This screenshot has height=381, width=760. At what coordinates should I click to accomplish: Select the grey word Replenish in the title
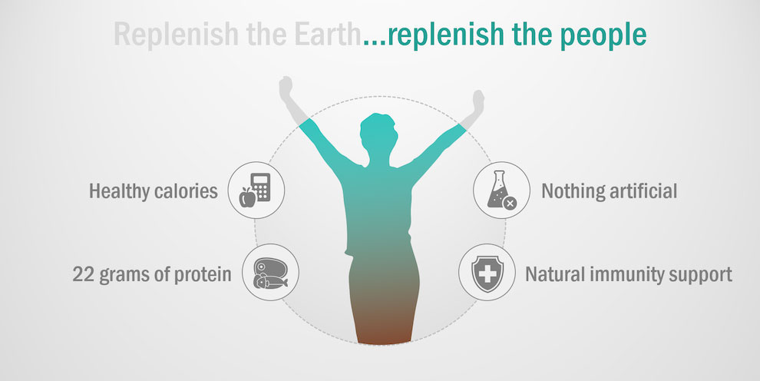coord(177,34)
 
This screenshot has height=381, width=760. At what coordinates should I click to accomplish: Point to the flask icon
coord(501,190)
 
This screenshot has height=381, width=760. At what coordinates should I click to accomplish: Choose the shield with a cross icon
coord(487,273)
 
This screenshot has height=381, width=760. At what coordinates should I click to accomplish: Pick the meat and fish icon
coord(270,273)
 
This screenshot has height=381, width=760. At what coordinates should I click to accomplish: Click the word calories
coord(186,191)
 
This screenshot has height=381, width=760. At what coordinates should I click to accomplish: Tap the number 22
coord(83,274)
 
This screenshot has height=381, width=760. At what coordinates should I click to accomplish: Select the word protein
coord(203,275)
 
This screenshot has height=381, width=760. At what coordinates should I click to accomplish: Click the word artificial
coord(643,191)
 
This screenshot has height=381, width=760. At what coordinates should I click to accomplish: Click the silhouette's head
coord(378,132)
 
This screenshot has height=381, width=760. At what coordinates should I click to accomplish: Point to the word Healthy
coord(119,191)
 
